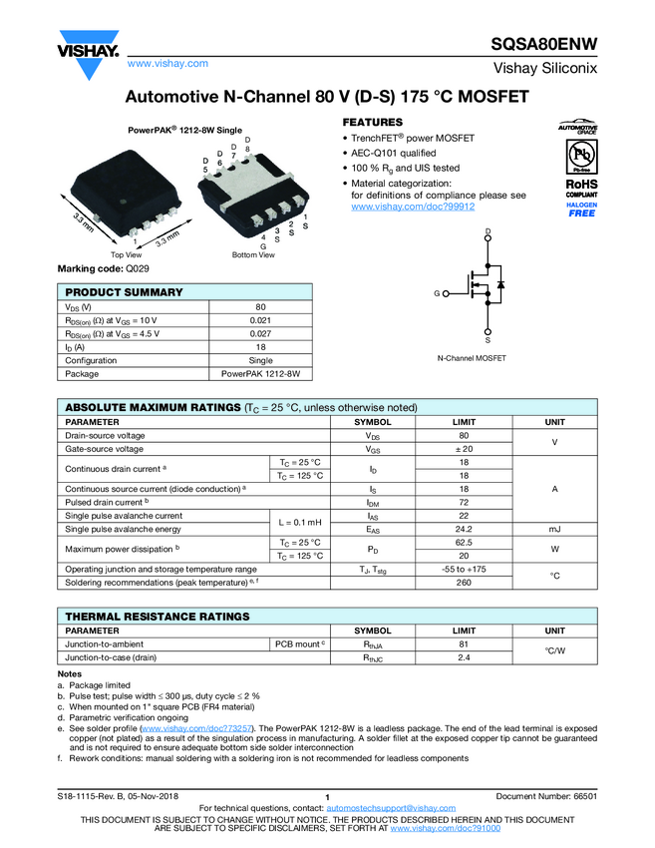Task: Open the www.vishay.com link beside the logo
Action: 167,64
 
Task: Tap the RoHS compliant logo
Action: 581,189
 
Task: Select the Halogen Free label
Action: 581,210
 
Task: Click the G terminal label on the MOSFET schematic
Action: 436,293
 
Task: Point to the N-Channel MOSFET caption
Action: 472,357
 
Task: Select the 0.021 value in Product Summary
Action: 260,319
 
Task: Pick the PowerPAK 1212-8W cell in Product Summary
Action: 260,374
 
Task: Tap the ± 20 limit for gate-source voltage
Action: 464,450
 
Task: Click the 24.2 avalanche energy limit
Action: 464,529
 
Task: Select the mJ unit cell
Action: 554,529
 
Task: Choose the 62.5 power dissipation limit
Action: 464,542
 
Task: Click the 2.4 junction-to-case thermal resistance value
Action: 464,658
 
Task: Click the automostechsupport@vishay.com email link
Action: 383,807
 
